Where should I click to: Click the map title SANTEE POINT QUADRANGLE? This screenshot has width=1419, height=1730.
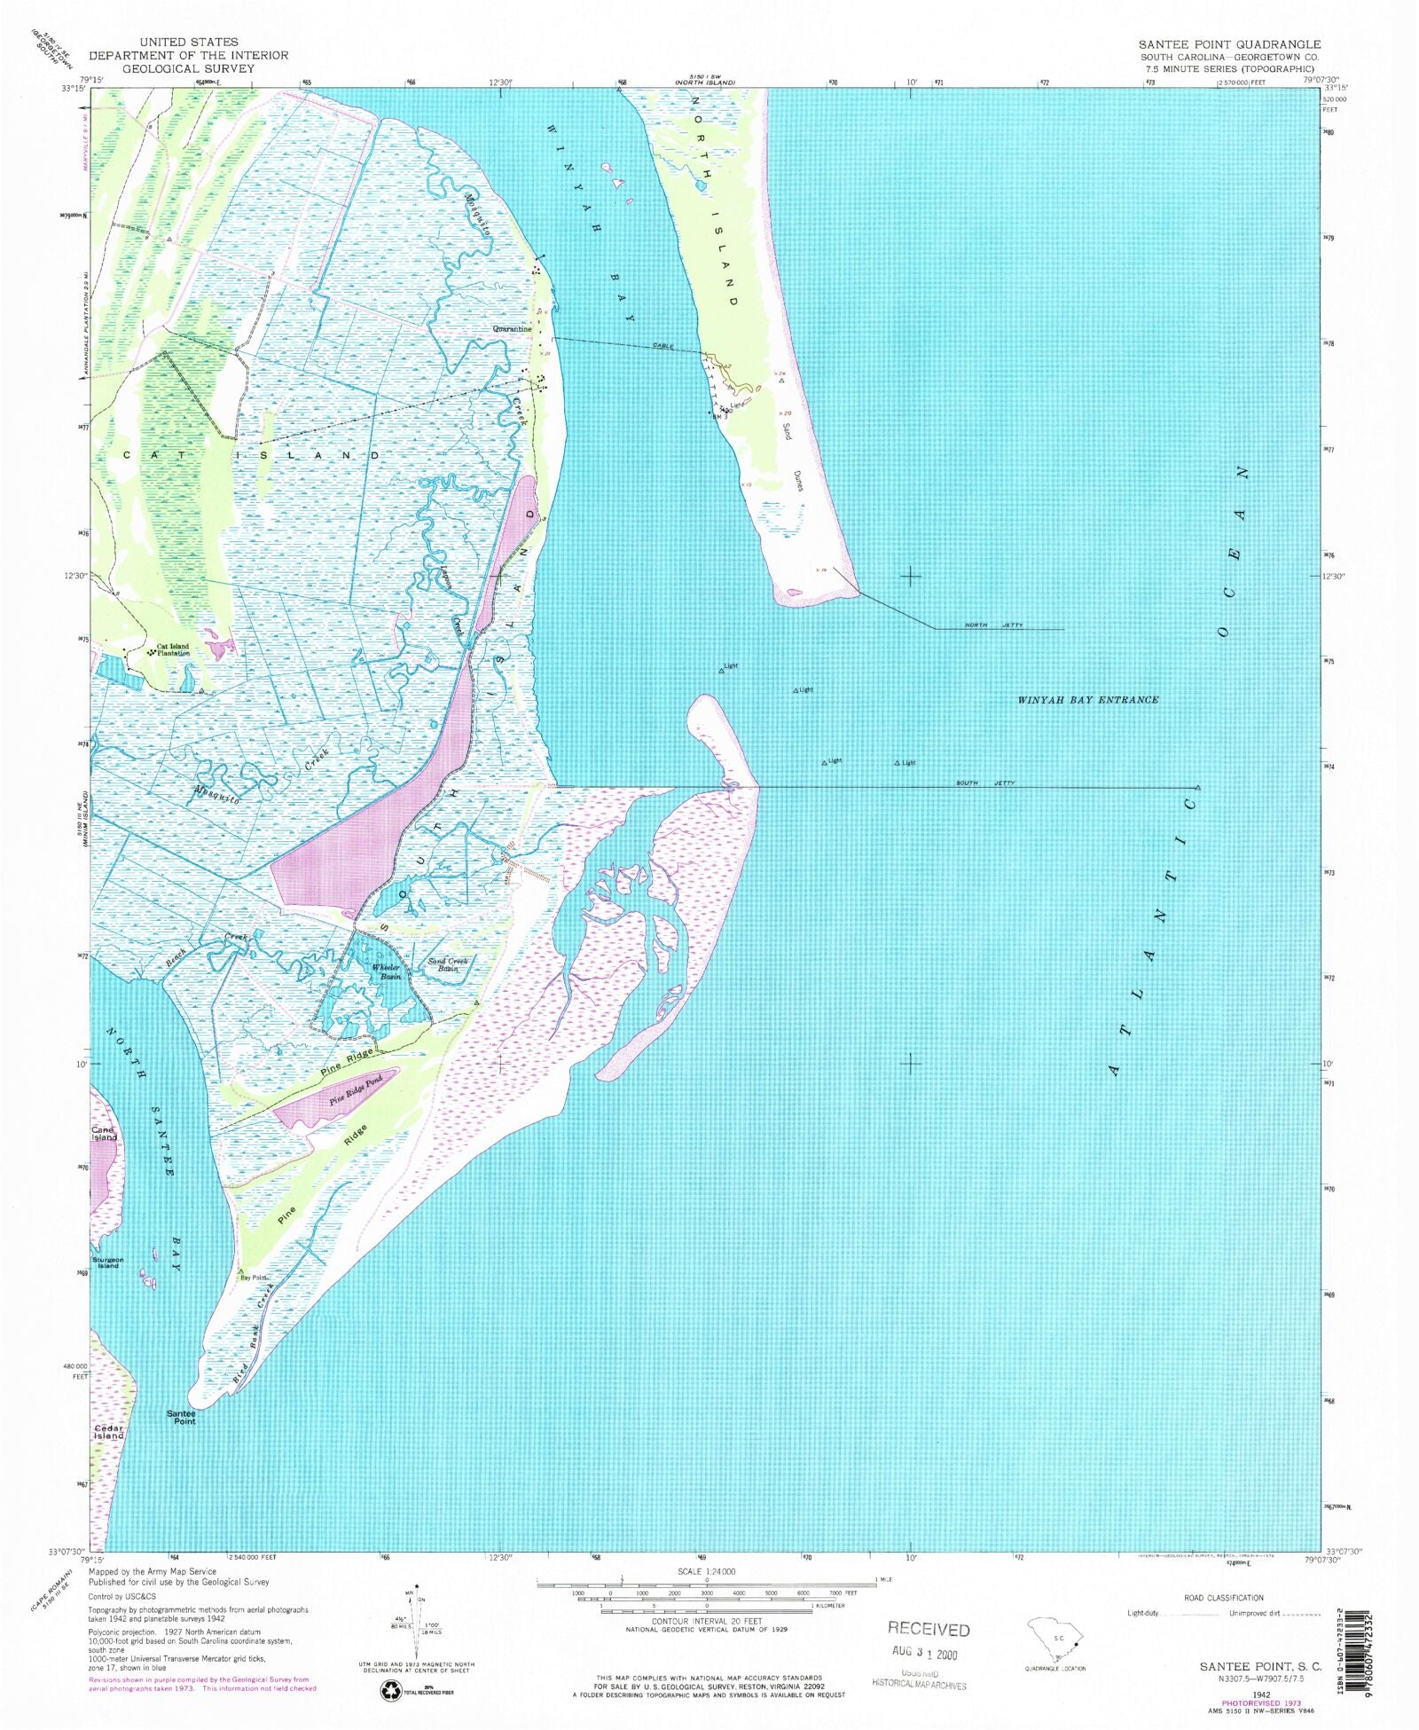pos(1229,43)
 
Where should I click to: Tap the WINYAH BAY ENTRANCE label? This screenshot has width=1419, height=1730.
pos(1087,700)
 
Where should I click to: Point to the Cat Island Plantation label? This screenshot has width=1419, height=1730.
pos(173,649)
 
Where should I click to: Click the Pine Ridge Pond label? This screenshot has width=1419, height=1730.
pos(356,1090)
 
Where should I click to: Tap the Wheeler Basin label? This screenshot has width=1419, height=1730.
pos(387,971)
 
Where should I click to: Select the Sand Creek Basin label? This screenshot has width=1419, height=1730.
pos(448,964)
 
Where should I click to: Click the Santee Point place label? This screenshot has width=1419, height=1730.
pos(182,1417)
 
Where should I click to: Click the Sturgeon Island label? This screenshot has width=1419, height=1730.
pos(108,1262)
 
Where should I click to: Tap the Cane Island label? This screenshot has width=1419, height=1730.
pos(104,1133)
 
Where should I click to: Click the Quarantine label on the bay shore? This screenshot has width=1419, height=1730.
pos(513,328)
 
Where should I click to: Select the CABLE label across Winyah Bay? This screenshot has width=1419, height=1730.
pos(663,345)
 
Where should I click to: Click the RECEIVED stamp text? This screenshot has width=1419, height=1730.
pos(929,1630)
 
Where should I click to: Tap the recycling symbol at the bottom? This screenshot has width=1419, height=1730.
pos(391,1692)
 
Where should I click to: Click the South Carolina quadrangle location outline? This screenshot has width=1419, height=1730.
pos(1054,1640)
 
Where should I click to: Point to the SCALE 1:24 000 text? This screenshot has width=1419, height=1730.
pos(706,1571)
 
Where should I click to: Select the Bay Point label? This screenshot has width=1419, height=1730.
pos(254,1278)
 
